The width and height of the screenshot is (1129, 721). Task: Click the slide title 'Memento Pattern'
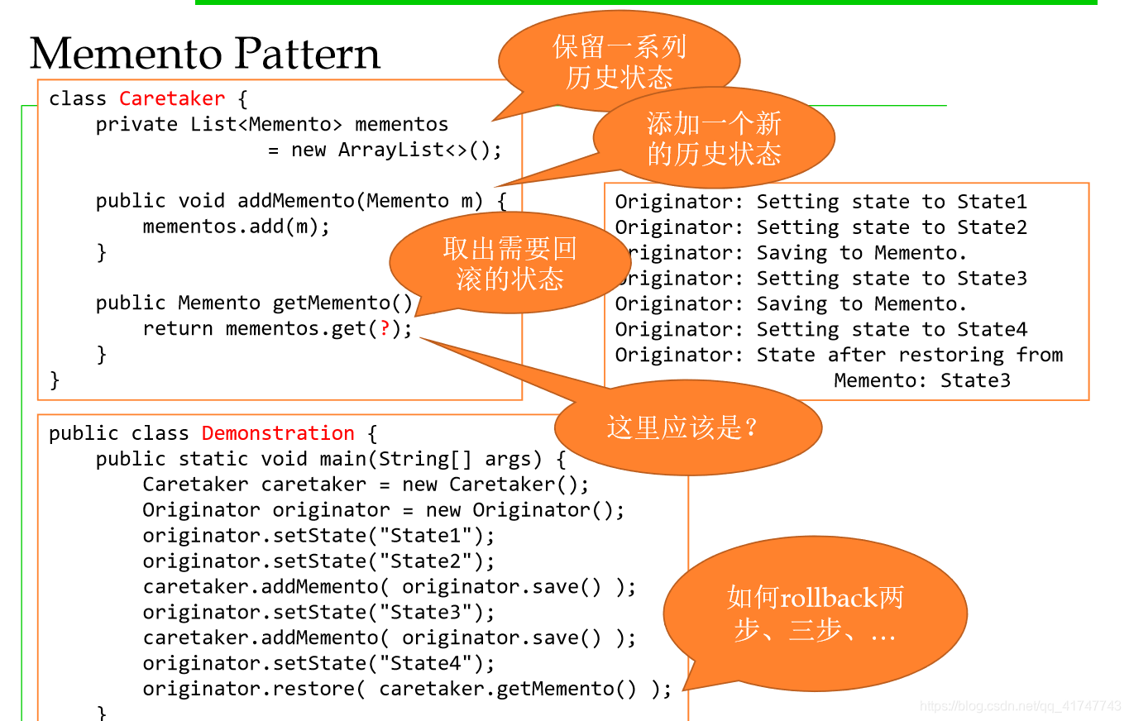[x=204, y=54]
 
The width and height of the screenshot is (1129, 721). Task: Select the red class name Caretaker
[x=172, y=98]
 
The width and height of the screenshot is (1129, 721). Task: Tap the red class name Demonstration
[x=278, y=433]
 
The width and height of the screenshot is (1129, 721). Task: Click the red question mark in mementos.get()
[x=385, y=328]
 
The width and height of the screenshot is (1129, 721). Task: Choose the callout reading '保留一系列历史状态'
[x=620, y=62]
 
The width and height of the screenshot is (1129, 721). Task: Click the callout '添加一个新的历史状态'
[x=714, y=137]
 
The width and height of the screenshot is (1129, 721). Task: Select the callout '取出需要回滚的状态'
[x=509, y=263]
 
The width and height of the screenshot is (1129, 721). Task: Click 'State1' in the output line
[x=992, y=202]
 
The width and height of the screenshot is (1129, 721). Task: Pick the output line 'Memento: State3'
[x=922, y=380]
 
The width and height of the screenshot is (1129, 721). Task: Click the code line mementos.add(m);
[x=236, y=227]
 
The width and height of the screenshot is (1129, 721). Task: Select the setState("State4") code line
[x=318, y=664]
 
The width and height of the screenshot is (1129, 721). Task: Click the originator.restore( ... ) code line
[x=407, y=690]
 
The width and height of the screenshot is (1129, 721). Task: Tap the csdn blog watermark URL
[x=1020, y=706]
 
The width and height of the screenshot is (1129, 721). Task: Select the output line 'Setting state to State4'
[x=892, y=330]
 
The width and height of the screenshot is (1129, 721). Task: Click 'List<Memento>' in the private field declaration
[x=266, y=125]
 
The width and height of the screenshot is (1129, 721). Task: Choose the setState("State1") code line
[x=318, y=536]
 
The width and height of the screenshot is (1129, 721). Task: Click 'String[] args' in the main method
[x=460, y=459]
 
